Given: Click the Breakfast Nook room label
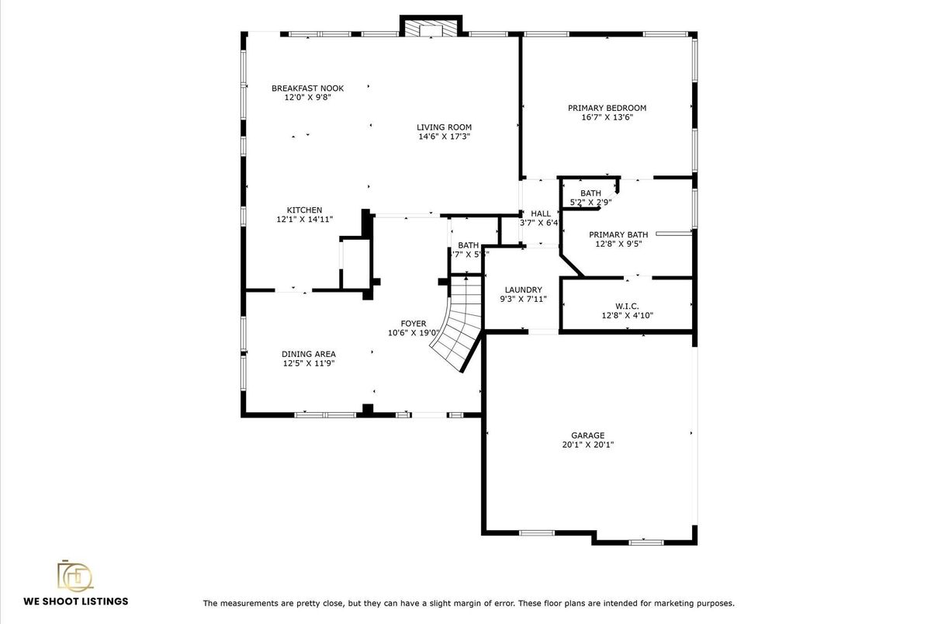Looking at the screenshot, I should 307,88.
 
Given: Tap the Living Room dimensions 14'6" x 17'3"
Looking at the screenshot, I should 444,137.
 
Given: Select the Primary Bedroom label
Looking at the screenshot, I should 607,109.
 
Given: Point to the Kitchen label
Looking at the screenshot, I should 304,210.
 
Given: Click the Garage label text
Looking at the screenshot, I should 587,436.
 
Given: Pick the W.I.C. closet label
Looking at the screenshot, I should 626,307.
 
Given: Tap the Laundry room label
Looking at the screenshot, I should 523,290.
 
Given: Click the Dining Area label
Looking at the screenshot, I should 308,355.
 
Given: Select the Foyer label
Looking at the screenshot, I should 413,324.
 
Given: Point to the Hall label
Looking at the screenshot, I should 541,213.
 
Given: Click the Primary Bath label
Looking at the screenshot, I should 618,235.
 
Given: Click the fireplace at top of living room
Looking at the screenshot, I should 431,28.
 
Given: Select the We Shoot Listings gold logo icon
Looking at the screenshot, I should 75,575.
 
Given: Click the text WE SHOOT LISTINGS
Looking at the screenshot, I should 75,601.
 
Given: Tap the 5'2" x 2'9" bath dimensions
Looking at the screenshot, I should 590,203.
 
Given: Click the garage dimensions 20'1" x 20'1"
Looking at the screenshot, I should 587,445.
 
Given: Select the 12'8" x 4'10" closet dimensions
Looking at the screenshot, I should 626,316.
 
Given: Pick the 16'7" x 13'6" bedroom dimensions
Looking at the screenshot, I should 607,118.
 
